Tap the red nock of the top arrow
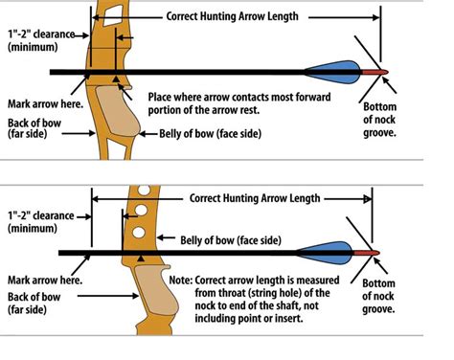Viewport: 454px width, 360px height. [x=379, y=73]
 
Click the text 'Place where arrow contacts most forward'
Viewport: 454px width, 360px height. [x=238, y=98]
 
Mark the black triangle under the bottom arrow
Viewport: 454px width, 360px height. [x=143, y=259]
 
